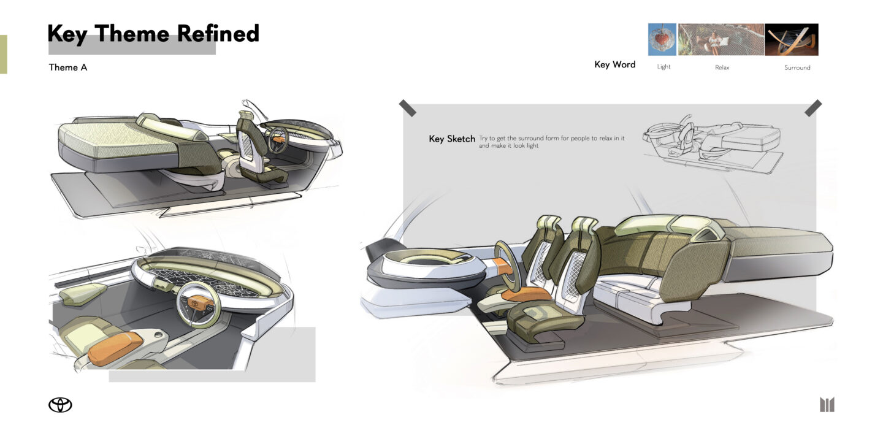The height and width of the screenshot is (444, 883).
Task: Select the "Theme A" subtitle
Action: click(x=68, y=67)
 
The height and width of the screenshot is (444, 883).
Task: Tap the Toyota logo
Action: click(x=60, y=405)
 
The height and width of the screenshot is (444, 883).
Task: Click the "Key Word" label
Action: click(x=614, y=64)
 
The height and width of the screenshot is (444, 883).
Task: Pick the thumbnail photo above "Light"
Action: click(x=662, y=39)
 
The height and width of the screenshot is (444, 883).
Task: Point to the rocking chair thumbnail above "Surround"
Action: click(x=792, y=39)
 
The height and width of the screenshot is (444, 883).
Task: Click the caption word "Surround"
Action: click(x=797, y=67)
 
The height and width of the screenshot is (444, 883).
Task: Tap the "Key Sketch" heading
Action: click(x=452, y=139)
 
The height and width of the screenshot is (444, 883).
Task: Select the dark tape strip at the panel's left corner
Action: click(x=407, y=108)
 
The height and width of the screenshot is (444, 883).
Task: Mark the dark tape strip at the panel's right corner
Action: click(x=813, y=108)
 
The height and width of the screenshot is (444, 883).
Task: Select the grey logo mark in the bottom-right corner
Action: click(x=827, y=405)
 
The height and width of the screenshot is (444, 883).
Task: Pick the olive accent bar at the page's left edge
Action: click(x=3, y=54)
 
